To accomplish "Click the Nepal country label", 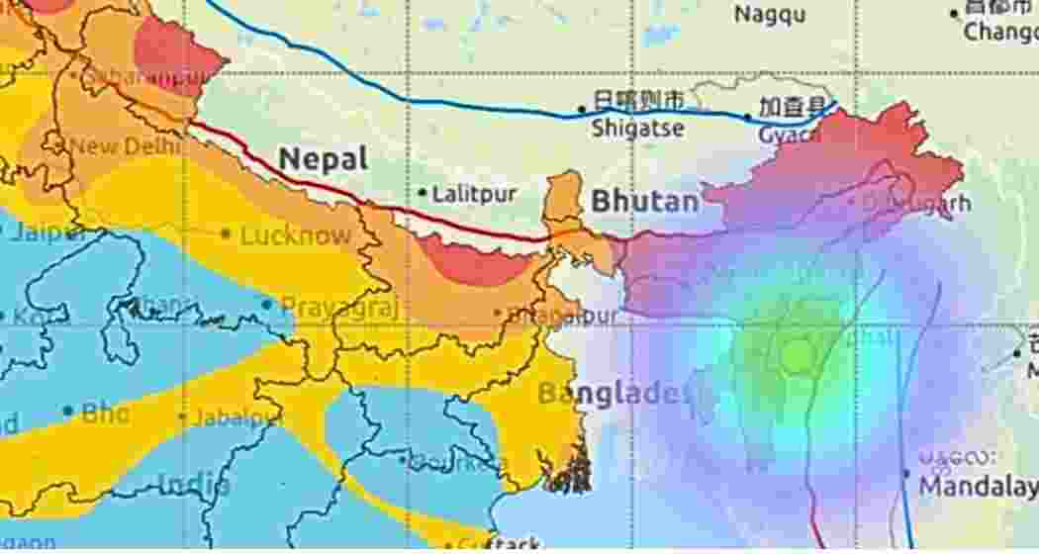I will (x=323, y=158).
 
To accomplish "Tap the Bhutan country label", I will (x=644, y=202).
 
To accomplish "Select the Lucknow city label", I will (x=295, y=235).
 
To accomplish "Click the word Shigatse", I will (x=638, y=128).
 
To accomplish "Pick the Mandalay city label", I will (x=977, y=487).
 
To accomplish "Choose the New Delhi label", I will (x=125, y=146).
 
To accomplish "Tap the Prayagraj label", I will (x=339, y=307).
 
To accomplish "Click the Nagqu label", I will (x=770, y=15).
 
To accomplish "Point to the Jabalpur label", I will (x=237, y=417).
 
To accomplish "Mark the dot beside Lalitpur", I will (x=423, y=193).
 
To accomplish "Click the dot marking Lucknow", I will (x=226, y=234).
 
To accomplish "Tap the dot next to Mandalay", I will (x=906, y=474).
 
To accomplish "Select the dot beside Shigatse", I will (x=583, y=110).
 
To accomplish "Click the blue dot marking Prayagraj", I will (x=266, y=304).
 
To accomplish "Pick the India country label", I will (x=195, y=485).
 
